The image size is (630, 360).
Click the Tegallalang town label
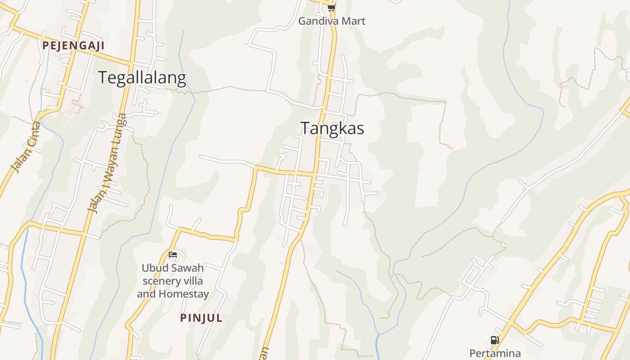[142, 78]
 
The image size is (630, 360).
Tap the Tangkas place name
[332, 128]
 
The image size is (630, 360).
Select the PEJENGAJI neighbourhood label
[73, 45]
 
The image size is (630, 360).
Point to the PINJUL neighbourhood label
[201, 318]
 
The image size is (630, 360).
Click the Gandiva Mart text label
[332, 21]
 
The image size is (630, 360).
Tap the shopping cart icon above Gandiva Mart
[332, 8]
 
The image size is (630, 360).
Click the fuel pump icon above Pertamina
[495, 340]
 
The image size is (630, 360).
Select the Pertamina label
[495, 353]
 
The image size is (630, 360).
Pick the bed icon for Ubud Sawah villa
[173, 255]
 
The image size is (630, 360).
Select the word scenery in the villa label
[160, 281]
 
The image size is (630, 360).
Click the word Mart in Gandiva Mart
[354, 21]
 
